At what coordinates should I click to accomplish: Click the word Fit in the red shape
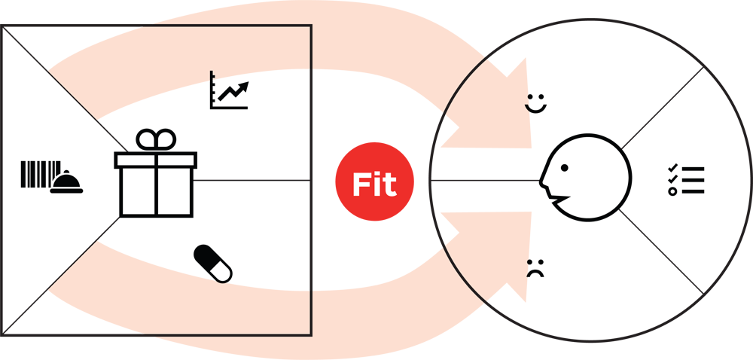(x=374, y=185)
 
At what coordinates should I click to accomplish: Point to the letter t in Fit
(x=389, y=186)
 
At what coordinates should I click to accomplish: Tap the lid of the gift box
(x=156, y=160)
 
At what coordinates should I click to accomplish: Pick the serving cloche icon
(x=66, y=183)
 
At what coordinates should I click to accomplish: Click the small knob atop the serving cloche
(x=66, y=172)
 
